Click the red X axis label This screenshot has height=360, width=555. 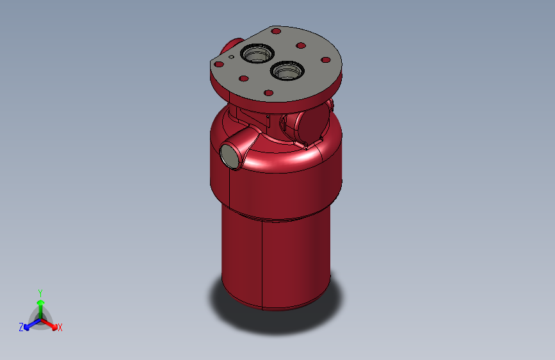click(60, 327)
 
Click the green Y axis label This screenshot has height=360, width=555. click(40, 291)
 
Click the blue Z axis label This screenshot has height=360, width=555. click(21, 327)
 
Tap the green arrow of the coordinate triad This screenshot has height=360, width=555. click(40, 305)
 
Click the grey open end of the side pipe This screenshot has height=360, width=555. click(229, 156)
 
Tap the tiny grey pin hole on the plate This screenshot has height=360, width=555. click(231, 56)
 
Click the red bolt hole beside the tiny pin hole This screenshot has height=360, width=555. click(219, 64)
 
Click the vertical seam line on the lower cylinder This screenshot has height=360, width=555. click(262, 263)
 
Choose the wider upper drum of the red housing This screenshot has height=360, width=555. click(282, 183)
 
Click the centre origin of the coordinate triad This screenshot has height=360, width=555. click(40, 318)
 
